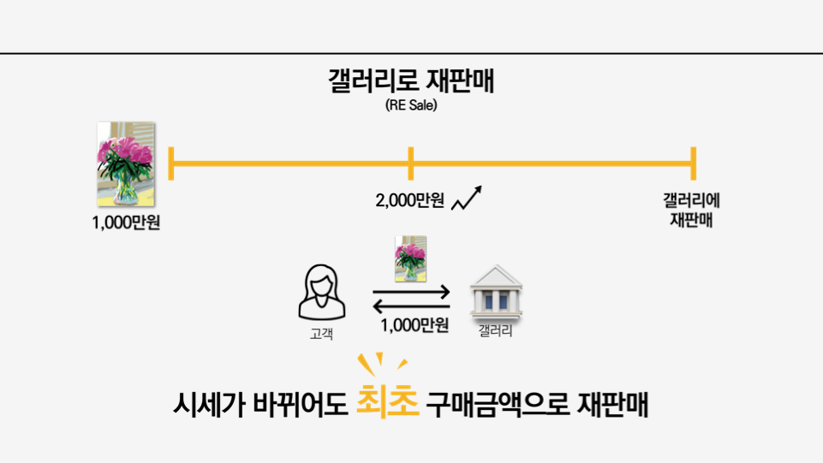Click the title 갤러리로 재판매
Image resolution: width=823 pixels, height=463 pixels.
[411, 83]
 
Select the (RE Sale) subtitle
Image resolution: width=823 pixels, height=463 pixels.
[411, 107]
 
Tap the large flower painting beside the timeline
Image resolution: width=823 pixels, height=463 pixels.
[126, 163]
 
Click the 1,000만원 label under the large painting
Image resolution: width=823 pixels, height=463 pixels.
[127, 225]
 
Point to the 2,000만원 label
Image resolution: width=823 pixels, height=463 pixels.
[409, 201]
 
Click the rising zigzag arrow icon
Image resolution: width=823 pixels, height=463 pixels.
[466, 199]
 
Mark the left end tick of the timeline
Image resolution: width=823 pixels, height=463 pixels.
[172, 163]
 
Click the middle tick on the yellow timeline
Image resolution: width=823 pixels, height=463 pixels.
[411, 163]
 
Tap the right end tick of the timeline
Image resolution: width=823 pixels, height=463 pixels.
[693, 163]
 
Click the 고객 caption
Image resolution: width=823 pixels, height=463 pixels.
[321, 332]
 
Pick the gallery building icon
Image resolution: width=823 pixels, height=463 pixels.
[496, 291]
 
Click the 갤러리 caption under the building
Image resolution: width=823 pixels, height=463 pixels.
[496, 331]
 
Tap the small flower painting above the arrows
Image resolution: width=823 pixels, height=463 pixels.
[410, 258]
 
